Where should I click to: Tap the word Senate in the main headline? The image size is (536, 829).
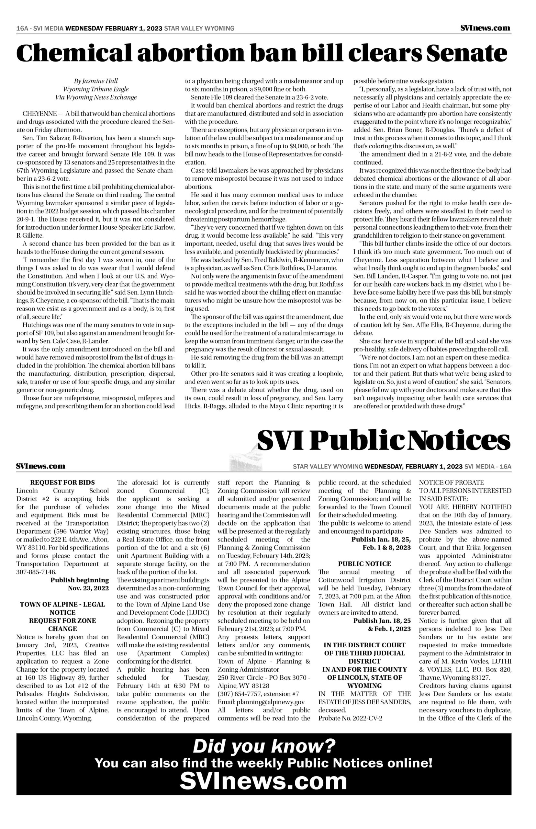pos(466,54)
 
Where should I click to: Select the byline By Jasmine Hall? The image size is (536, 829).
pos(96,81)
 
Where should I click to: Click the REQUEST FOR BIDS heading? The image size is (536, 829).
pos(63,483)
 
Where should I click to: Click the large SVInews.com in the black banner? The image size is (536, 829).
pos(263,778)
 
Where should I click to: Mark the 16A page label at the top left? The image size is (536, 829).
pos(22,28)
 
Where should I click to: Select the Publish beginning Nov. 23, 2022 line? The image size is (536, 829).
pos(80,584)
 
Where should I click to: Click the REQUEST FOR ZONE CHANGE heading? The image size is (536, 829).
pos(63,625)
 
